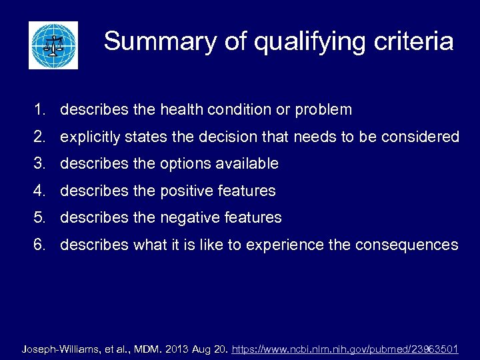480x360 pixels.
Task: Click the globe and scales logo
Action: coord(53,45)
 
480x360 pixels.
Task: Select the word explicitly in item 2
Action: coord(91,137)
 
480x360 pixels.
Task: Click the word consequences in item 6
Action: coord(407,245)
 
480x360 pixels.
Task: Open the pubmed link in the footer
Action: coord(345,349)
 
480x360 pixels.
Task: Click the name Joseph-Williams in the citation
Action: coord(60,349)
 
